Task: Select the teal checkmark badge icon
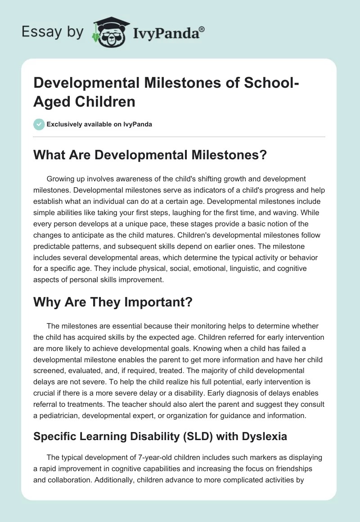[x=39, y=124]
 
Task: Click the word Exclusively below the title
[x=65, y=125]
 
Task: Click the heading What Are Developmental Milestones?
[x=150, y=155]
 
